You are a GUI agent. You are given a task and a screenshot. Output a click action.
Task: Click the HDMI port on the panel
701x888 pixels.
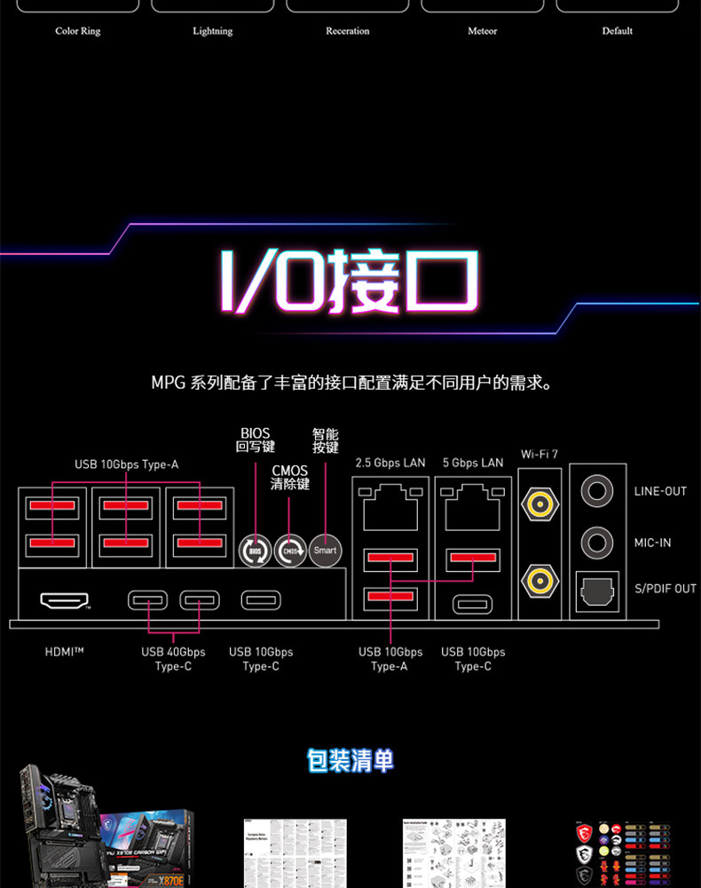(64, 600)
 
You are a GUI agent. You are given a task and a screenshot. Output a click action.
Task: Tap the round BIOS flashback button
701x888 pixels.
(255, 551)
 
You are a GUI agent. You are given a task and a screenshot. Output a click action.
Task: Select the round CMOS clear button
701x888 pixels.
(290, 551)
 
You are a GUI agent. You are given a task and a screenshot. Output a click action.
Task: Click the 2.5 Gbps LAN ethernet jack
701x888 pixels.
(390, 505)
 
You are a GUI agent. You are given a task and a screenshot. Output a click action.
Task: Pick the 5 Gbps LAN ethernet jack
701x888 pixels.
(473, 505)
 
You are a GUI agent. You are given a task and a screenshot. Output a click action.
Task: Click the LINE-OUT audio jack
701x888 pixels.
(597, 490)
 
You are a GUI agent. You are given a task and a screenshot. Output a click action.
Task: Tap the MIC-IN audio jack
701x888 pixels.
(597, 541)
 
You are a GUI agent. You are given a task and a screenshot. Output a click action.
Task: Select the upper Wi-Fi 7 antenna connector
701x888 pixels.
(539, 505)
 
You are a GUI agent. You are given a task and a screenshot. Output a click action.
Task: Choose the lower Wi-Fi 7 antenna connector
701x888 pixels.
(539, 581)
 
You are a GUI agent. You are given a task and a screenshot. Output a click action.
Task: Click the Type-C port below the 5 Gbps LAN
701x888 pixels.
(473, 605)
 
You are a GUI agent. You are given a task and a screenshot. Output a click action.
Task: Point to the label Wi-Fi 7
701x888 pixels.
(539, 455)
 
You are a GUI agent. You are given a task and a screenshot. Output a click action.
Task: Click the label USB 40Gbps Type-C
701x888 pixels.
(173, 659)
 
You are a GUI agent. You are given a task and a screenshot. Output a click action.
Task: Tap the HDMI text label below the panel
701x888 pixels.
(64, 652)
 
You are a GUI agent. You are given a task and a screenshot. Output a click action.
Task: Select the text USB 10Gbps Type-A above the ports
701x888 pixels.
(126, 464)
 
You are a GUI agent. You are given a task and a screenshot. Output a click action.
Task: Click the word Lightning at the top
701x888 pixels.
(213, 31)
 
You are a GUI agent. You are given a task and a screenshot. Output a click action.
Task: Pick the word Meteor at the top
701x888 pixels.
(483, 31)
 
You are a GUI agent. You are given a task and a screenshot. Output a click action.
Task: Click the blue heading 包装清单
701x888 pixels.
(350, 760)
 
